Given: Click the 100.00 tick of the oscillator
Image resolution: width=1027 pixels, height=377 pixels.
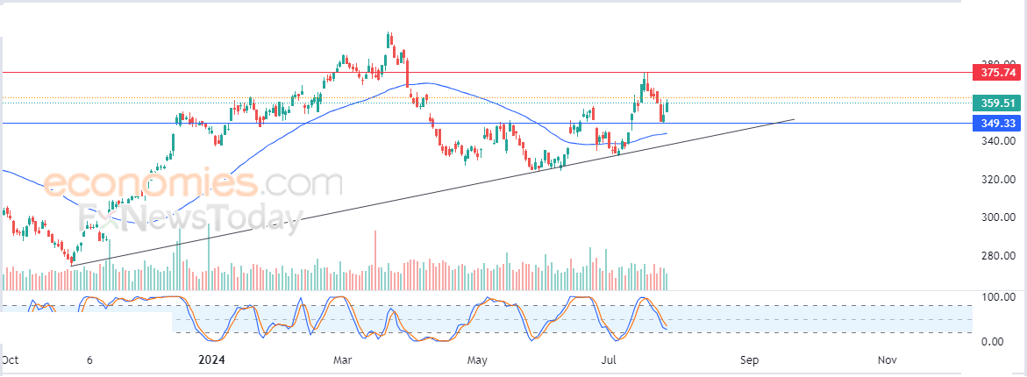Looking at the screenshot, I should [x=997, y=298].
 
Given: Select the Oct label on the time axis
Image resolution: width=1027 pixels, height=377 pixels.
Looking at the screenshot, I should [x=11, y=360].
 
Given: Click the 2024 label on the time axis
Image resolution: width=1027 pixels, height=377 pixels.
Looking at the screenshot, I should [x=213, y=360].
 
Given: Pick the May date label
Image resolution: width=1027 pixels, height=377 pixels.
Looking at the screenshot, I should [x=477, y=360].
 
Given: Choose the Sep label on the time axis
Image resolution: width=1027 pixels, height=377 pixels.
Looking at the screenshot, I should [x=748, y=360].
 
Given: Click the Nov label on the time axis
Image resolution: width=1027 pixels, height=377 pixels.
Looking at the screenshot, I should [x=886, y=360].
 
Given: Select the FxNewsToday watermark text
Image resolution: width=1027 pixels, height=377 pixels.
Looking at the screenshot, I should [x=191, y=217].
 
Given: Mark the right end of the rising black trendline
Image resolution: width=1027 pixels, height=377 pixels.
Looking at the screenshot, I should [x=794, y=119].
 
